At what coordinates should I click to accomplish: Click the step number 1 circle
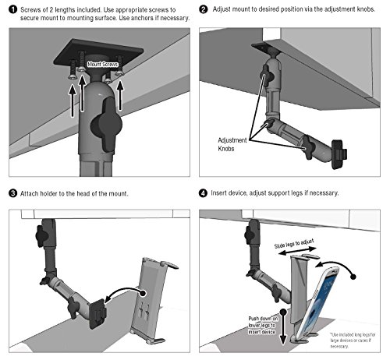[x=12, y=9]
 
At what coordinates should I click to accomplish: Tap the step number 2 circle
[x=204, y=9]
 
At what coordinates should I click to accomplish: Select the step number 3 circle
[x=12, y=193]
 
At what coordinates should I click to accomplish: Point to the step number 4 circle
[x=203, y=193]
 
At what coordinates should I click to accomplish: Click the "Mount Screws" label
[x=102, y=64]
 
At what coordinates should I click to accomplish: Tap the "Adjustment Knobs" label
[x=232, y=144]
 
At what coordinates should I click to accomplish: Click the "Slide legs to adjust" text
[x=294, y=244]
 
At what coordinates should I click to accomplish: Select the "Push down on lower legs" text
[x=263, y=325]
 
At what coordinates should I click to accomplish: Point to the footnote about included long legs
[x=353, y=341]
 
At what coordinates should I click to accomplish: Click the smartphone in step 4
[x=317, y=302]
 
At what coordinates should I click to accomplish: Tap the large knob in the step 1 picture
[x=106, y=125]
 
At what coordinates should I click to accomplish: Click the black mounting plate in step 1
[x=98, y=53]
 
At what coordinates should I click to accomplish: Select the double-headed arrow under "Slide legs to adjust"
[x=297, y=251]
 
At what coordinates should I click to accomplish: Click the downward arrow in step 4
[x=283, y=326]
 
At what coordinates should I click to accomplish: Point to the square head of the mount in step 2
[x=339, y=154]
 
